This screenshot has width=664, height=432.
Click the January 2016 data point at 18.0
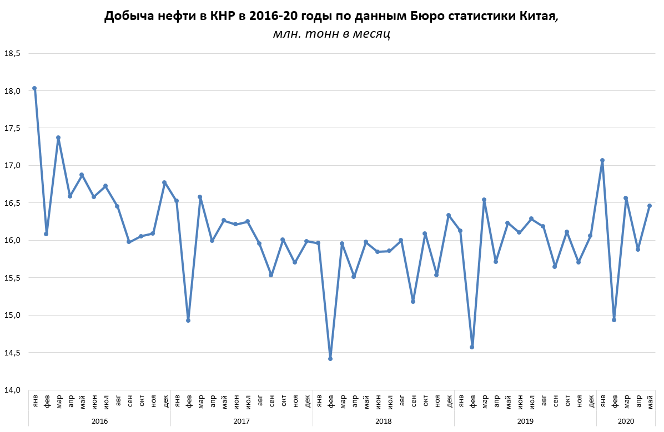tap(34, 88)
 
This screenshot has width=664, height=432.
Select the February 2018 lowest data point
tap(330, 359)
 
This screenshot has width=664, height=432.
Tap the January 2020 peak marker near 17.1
tap(602, 160)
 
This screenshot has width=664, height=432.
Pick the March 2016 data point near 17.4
tap(58, 138)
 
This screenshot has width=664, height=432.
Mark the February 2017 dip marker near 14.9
tap(188, 321)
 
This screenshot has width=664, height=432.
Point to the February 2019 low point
tap(472, 347)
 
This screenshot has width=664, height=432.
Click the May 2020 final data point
tap(650, 206)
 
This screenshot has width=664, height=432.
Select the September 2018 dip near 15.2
tap(413, 302)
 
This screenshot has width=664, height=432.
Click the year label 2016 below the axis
tap(100, 421)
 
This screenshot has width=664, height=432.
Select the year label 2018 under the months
tap(384, 421)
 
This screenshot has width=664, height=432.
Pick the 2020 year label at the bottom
tap(626, 421)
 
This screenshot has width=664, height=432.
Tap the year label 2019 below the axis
tap(525, 421)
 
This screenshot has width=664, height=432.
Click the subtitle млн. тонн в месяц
tap(331, 34)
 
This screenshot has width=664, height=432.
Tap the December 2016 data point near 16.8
tap(164, 182)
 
